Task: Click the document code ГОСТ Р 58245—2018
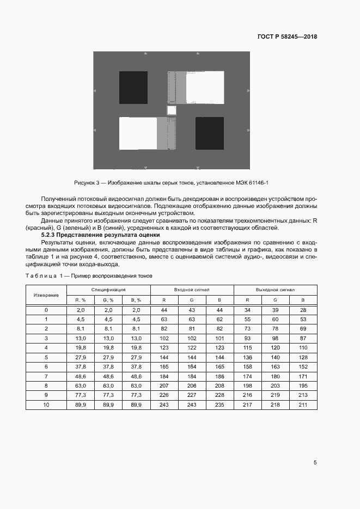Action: pyautogui.click(x=287, y=37)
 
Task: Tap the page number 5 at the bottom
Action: pyautogui.click(x=315, y=463)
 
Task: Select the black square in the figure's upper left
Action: pyautogui.click(x=133, y=87)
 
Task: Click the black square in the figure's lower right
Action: pyautogui.click(x=210, y=133)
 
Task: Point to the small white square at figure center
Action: pyautogui.click(x=172, y=111)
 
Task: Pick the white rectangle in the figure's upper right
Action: pyautogui.click(x=205, y=87)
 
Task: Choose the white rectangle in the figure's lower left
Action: pyautogui.click(x=138, y=133)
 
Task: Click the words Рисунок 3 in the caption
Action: pyautogui.click(x=87, y=183)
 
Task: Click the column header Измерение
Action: pyautogui.click(x=46, y=295)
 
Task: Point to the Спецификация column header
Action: pyautogui.click(x=108, y=290)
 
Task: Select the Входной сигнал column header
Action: pyautogui.click(x=192, y=290)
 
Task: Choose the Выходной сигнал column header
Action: pyautogui.click(x=275, y=290)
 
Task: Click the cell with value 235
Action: pyautogui.click(x=219, y=404)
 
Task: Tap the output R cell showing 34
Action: pyautogui.click(x=247, y=309)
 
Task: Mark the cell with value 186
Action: pyautogui.click(x=219, y=376)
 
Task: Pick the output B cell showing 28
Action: pyautogui.click(x=303, y=309)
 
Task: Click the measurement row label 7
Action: pyautogui.click(x=46, y=376)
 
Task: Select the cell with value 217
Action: pyautogui.click(x=247, y=404)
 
